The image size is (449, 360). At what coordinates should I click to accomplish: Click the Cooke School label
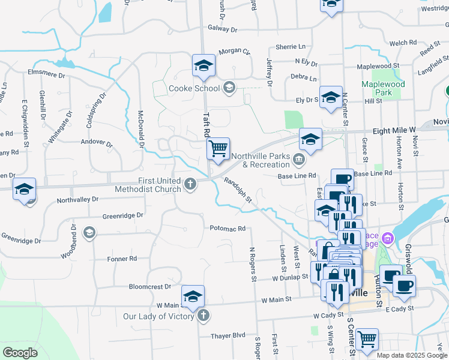click(x=194, y=88)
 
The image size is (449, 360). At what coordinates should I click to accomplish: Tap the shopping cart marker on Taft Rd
click(x=218, y=148)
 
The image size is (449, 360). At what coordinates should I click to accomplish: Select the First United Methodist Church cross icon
click(x=191, y=184)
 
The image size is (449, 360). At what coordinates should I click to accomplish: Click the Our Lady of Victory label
click(x=159, y=316)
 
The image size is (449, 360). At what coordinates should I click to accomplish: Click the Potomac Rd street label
click(x=228, y=229)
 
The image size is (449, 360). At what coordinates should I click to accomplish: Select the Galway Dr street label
click(x=223, y=29)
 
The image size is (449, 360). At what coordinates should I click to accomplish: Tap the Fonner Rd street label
click(x=122, y=259)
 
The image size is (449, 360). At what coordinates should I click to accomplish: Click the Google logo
click(x=20, y=353)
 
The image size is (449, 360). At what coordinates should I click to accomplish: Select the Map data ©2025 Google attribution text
click(x=412, y=355)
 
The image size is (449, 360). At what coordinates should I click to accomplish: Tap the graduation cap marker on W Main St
click(x=193, y=296)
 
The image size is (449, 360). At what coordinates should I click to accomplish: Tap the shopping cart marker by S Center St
click(x=367, y=339)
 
